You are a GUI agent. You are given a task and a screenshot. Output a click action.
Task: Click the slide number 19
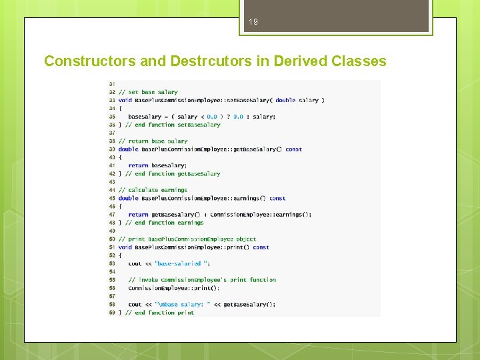[253, 22]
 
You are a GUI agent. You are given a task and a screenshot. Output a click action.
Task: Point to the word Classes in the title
[358, 61]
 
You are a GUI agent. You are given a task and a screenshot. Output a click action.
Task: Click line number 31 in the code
[111, 84]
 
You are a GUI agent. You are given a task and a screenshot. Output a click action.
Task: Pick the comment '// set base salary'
[148, 92]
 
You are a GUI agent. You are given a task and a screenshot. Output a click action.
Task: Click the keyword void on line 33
[125, 100]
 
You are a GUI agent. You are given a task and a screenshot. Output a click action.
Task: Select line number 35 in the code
[111, 117]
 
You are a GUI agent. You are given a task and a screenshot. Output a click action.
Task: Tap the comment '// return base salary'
[153, 141]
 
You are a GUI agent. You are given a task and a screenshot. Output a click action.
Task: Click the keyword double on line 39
[128, 149]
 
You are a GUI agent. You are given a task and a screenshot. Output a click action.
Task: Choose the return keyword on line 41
[138, 165]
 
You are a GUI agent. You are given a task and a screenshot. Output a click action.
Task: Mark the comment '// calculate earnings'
[153, 190]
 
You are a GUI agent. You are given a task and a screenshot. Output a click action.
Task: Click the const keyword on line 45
[277, 198]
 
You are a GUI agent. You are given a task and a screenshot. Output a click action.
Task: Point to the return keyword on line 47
[138, 215]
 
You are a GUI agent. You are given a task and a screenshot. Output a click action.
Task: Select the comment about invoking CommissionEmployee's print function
[202, 280]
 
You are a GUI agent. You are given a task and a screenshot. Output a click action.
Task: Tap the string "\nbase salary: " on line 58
[183, 304]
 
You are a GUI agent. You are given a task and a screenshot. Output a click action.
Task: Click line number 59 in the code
[111, 313]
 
